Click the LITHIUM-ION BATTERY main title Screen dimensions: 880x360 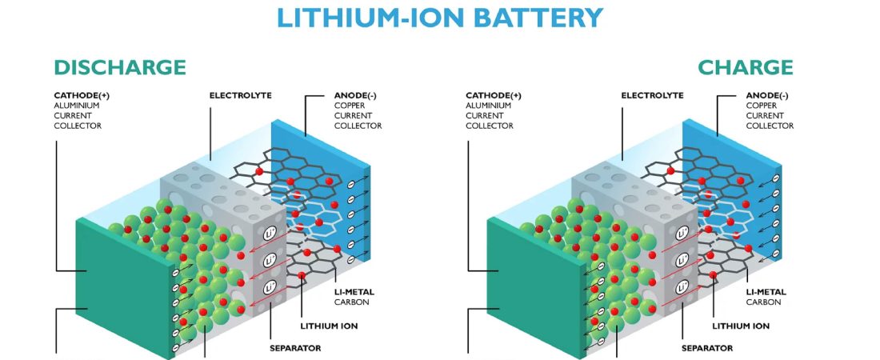(440, 18)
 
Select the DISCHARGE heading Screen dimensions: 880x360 (120, 67)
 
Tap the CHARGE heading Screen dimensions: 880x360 (746, 67)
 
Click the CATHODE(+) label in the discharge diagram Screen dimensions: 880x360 (82, 95)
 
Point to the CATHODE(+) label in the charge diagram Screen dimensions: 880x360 (494, 95)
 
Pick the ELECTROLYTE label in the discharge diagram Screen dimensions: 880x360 (240, 95)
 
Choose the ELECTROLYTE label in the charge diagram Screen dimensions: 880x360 (652, 95)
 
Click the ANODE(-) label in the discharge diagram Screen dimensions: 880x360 (355, 95)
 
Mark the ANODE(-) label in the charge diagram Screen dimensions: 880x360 (767, 95)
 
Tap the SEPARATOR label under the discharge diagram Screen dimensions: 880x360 (295, 348)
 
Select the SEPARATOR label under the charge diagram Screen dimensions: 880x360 (707, 348)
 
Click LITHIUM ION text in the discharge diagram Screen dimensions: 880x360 (329, 326)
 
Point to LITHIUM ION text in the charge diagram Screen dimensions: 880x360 (741, 326)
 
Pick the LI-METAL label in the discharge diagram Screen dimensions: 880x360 (354, 292)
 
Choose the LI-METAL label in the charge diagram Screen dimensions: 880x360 (766, 292)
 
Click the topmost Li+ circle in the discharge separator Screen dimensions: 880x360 (270, 233)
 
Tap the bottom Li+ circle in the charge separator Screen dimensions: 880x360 (682, 287)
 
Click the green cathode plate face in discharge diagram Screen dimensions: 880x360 (125, 286)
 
